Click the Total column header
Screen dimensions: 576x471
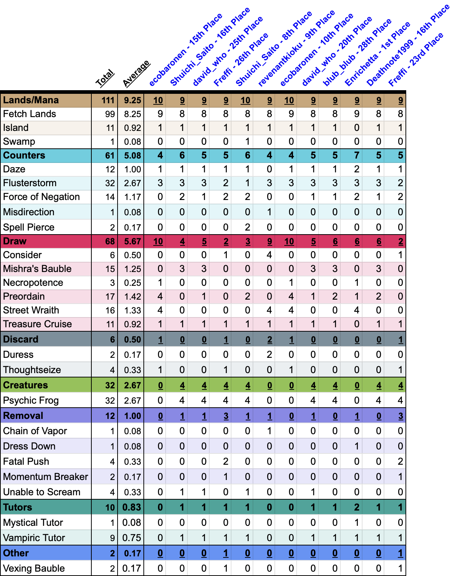click(x=105, y=78)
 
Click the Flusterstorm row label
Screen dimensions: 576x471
click(x=30, y=183)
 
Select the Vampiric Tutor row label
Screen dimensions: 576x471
click(x=34, y=538)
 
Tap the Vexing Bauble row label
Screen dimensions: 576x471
click(x=34, y=569)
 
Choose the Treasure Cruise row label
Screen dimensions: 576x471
click(x=37, y=324)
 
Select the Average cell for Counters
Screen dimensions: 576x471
click(x=132, y=156)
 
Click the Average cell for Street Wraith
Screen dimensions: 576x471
click(x=132, y=311)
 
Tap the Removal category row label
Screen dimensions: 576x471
click(x=23, y=416)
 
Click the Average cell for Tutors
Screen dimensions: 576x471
click(x=132, y=508)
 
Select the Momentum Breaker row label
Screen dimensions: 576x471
click(x=45, y=477)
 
